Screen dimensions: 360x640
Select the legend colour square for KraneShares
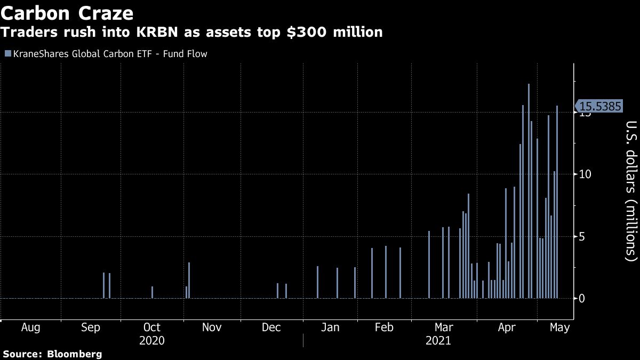coord(7,54)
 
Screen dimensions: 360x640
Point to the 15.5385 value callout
coord(599,107)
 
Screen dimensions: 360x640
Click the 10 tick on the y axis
coord(586,174)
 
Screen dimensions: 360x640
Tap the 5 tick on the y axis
coord(582,236)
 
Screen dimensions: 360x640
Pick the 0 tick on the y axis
coord(582,298)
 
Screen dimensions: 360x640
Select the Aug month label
coord(30,327)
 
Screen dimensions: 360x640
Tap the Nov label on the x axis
coord(212,327)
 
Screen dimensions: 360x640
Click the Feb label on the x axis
coord(385,327)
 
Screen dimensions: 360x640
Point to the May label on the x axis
coord(558,327)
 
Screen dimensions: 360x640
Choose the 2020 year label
coord(151,340)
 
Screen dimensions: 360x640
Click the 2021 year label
coord(438,340)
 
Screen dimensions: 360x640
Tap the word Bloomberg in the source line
coord(75,354)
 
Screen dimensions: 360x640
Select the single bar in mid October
coord(153,292)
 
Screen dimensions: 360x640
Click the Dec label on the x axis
coord(271,327)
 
